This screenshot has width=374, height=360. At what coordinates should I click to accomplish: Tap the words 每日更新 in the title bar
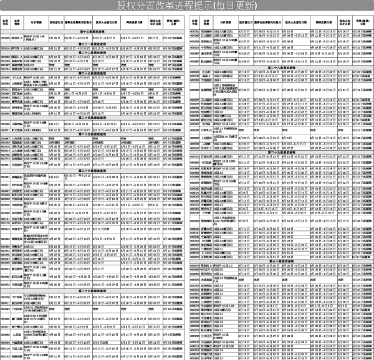click(234, 6)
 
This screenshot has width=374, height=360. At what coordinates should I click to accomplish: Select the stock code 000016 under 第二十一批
click(6, 47)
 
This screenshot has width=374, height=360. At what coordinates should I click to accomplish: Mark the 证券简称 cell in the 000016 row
click(17, 47)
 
